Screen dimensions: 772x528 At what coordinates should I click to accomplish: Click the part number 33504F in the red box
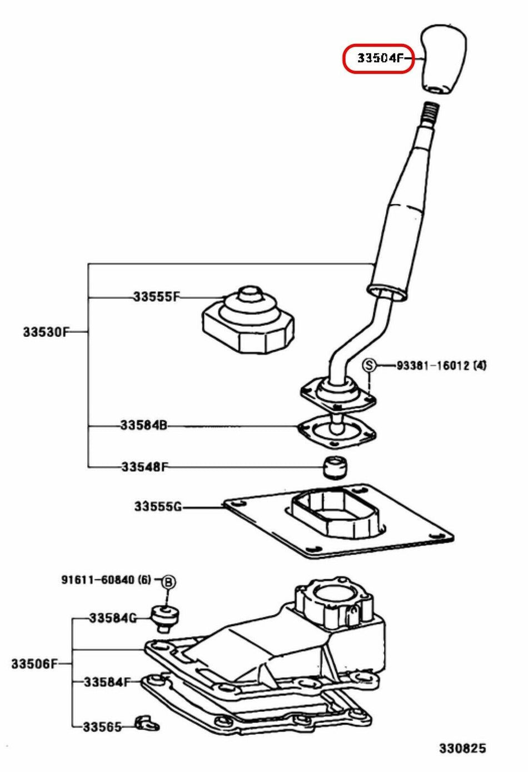tap(377, 58)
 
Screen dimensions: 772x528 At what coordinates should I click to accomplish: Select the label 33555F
tap(156, 297)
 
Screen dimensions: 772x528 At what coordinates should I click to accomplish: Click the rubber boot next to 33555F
tap(247, 322)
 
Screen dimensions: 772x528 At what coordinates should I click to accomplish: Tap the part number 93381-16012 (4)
tap(441, 366)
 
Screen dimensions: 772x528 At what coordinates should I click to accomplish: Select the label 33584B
tap(143, 426)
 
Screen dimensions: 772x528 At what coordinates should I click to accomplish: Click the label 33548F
tap(144, 466)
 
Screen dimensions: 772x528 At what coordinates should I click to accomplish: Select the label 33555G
tap(157, 506)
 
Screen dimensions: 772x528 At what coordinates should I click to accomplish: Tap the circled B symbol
tap(168, 582)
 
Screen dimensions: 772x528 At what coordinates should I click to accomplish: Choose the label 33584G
tap(113, 617)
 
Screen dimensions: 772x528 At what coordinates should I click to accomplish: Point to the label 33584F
tap(107, 681)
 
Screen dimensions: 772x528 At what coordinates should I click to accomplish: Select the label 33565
tap(102, 726)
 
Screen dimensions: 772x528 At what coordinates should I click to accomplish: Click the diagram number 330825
tap(462, 748)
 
